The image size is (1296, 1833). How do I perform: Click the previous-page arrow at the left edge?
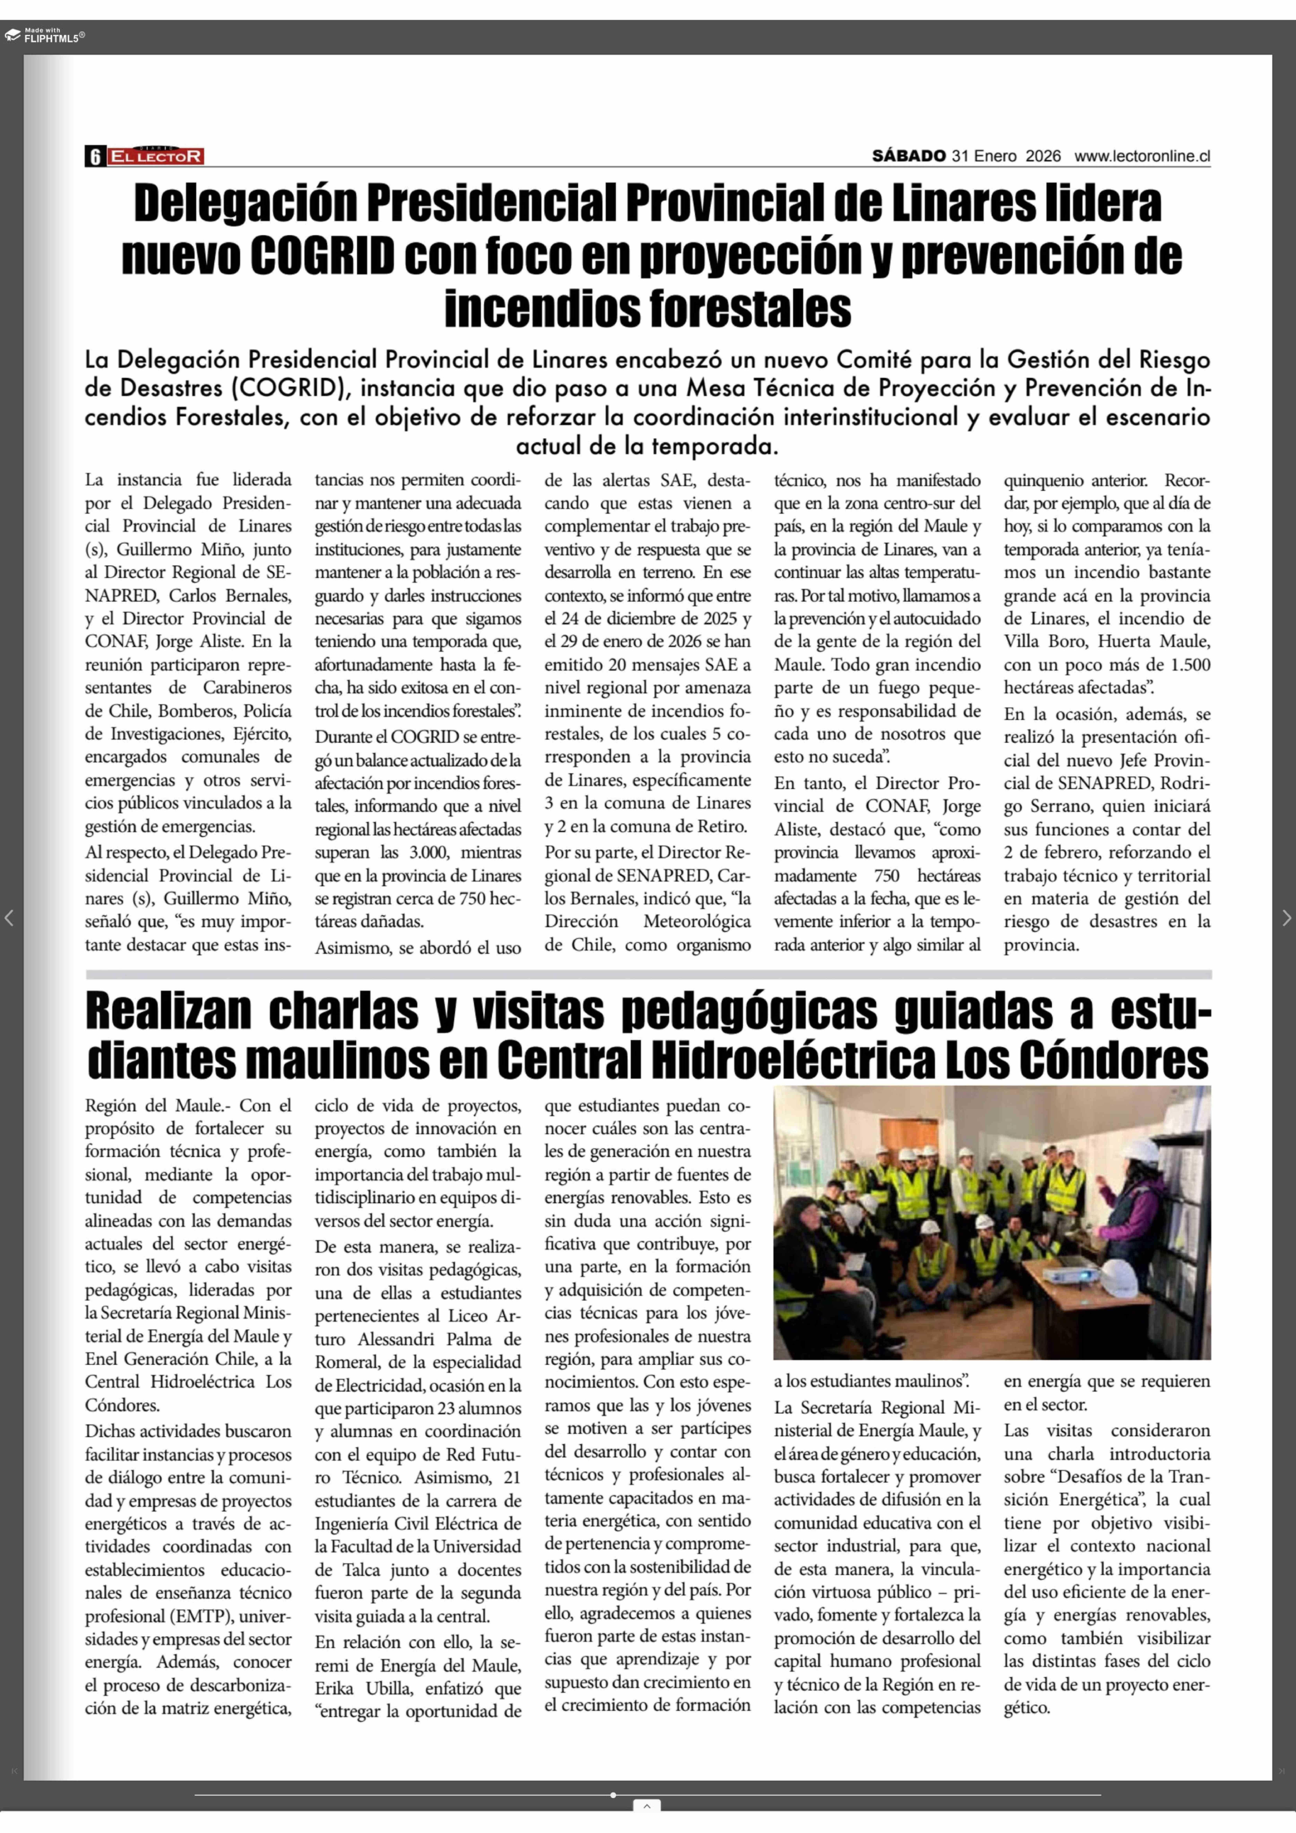point(10,918)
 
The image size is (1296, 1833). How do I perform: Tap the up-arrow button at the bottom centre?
point(646,1806)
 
